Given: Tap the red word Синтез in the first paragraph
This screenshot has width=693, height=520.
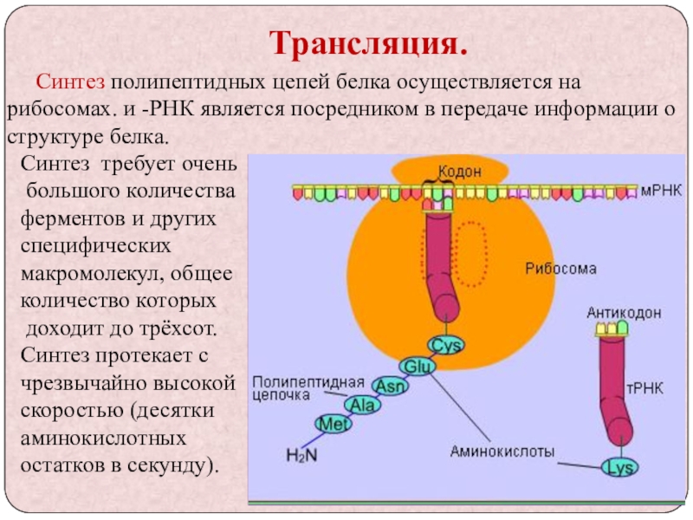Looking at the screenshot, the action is click(70, 83).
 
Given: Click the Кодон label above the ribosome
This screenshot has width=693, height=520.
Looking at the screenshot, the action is click(458, 172).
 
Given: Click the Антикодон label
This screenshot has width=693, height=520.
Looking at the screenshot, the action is click(624, 312).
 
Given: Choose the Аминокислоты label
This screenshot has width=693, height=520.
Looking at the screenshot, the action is click(502, 451).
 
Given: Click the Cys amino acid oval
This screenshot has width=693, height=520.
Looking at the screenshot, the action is click(448, 345).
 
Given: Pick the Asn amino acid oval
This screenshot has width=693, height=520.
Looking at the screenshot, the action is click(389, 386).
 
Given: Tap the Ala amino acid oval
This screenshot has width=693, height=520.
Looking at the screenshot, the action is click(361, 404).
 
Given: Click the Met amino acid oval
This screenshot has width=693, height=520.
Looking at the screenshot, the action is click(333, 424).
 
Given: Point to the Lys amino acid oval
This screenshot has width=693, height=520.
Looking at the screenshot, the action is click(620, 468).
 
